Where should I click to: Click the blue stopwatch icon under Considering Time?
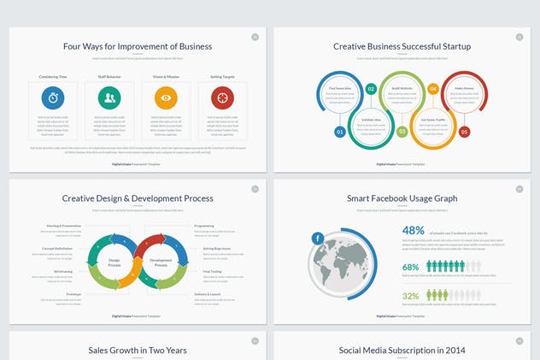(x=52, y=97)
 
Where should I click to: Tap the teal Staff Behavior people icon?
(x=109, y=97)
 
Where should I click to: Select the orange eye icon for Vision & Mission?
(x=166, y=97)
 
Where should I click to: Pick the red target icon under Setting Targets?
(x=222, y=97)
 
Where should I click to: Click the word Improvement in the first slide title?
(x=137, y=46)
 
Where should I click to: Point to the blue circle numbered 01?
(x=340, y=132)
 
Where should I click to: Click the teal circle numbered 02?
(x=371, y=88)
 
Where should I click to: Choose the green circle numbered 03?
(x=402, y=132)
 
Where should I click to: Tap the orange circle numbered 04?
(x=433, y=88)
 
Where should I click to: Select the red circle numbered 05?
(x=464, y=132)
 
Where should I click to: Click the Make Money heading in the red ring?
(x=464, y=88)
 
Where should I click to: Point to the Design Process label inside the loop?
(x=114, y=262)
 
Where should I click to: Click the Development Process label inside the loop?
(x=161, y=262)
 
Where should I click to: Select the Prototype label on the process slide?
(x=73, y=293)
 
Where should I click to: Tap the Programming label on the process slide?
(x=203, y=226)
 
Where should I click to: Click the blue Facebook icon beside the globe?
(x=317, y=238)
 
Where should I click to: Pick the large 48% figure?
(x=414, y=230)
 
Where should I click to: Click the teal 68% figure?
(x=411, y=267)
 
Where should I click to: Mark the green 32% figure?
(x=411, y=296)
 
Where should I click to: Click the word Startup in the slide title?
(x=453, y=46)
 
